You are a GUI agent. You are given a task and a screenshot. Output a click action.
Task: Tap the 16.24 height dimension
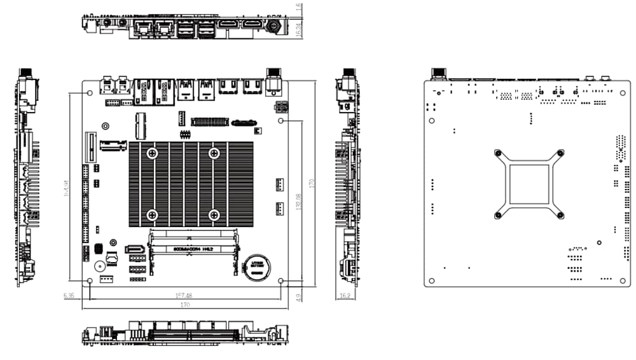[300, 28]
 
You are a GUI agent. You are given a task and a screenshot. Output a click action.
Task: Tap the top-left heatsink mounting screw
[152, 153]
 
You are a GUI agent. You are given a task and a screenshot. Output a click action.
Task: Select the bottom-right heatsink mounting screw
[214, 215]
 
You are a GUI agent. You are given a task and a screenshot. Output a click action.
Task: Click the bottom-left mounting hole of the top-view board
[89, 280]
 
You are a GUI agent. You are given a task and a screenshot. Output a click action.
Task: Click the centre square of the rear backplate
[529, 183]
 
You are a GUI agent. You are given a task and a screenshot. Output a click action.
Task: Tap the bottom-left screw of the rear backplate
[498, 215]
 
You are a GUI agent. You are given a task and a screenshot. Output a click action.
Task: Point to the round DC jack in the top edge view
[275, 26]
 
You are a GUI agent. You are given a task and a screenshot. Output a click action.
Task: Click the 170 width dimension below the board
[185, 305]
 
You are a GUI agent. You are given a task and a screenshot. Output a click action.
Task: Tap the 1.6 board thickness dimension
[300, 6]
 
